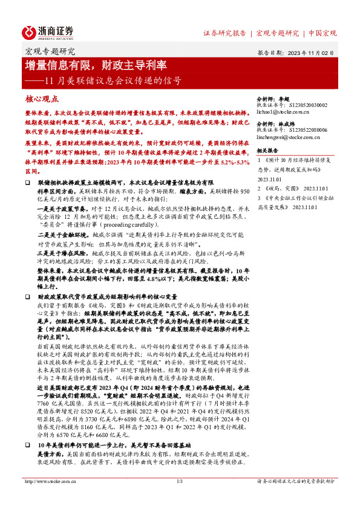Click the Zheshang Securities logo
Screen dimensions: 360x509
point(49,32)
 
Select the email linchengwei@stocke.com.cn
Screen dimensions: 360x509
point(290,138)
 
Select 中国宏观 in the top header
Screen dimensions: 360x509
point(322,33)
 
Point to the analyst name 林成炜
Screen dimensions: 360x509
point(293,123)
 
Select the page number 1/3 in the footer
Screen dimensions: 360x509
point(180,499)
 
